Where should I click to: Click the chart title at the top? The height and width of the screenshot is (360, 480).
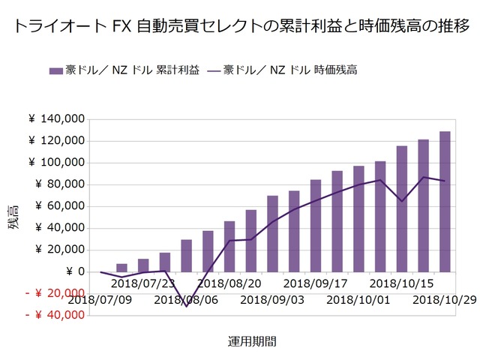(240, 27)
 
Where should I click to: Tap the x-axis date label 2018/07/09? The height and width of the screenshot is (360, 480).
(100, 300)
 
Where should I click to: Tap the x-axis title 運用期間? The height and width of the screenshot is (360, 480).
(252, 342)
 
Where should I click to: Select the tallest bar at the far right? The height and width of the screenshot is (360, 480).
(445, 201)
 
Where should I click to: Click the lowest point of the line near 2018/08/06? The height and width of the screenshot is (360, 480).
(186, 306)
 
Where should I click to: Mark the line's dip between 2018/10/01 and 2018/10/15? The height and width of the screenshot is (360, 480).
(402, 201)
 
